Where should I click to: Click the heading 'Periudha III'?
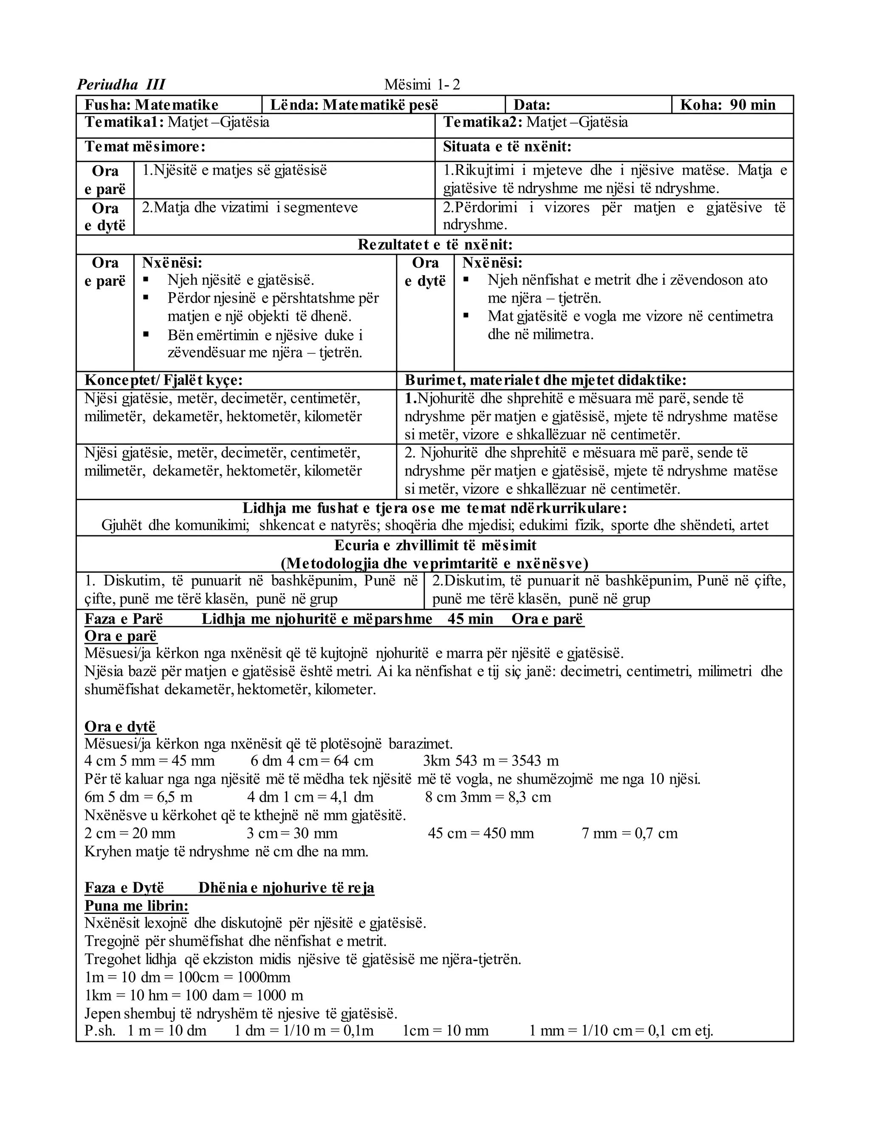(x=121, y=84)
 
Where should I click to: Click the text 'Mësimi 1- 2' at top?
(x=421, y=84)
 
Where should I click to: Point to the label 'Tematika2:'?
(x=483, y=122)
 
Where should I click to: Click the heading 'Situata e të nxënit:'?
(x=507, y=147)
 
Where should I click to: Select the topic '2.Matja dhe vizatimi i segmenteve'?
(x=249, y=208)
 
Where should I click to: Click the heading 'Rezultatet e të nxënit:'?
(x=435, y=244)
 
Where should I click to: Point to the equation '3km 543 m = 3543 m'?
(x=490, y=761)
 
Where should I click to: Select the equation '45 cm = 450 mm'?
(x=480, y=833)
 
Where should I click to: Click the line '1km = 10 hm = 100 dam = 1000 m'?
(x=194, y=995)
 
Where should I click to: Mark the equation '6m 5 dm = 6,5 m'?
(x=138, y=797)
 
